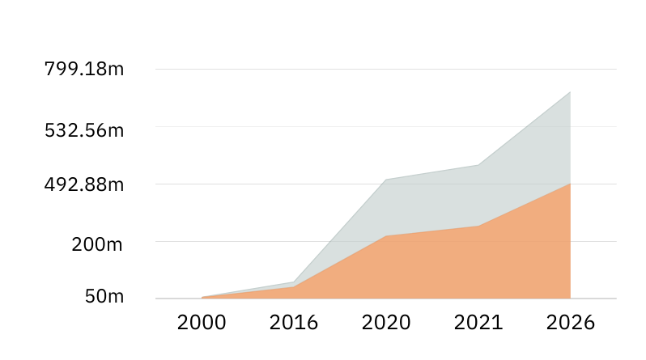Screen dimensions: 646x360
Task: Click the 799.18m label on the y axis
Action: [x=84, y=69]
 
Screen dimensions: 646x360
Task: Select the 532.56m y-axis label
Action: [x=84, y=130]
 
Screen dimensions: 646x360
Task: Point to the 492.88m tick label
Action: [x=84, y=184]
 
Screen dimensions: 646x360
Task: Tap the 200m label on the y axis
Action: [x=97, y=244]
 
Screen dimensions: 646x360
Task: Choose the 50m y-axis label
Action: [x=104, y=296]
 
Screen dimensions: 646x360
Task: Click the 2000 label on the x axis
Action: [x=202, y=323]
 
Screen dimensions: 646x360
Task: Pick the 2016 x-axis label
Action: [x=294, y=323]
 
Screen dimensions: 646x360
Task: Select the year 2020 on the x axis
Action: [x=386, y=323]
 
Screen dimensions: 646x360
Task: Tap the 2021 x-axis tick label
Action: [x=478, y=323]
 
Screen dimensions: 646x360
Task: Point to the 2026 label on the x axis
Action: [x=571, y=323]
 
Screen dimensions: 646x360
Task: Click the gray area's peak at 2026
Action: [x=570, y=92]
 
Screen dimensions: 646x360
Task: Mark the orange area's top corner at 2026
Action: [x=570, y=184]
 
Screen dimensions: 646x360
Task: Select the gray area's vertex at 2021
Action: [x=478, y=165]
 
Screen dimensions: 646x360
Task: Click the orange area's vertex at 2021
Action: [x=478, y=226]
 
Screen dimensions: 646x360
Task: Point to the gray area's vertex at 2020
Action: [x=386, y=180]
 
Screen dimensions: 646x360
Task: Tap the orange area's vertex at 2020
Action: [x=386, y=236]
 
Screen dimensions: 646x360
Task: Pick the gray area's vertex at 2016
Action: [x=294, y=282]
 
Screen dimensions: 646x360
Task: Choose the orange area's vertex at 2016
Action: [x=294, y=286]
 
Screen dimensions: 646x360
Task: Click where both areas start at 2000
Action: [x=202, y=297]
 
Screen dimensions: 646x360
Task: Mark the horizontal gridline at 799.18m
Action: [x=386, y=69]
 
